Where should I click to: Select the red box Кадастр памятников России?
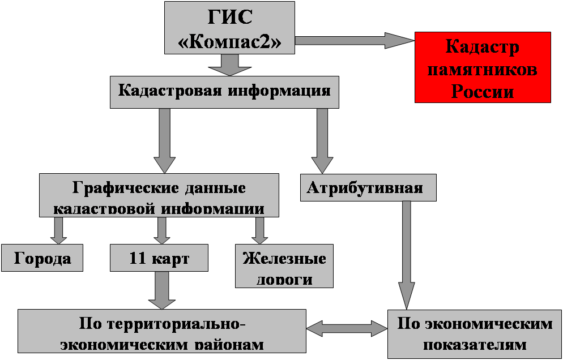pyautogui.click(x=483, y=67)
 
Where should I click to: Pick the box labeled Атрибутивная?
pyautogui.click(x=368, y=187)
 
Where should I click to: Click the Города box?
pyautogui.click(x=42, y=258)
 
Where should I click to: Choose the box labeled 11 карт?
pyautogui.click(x=159, y=258)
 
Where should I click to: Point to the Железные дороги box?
pyautogui.click(x=284, y=267)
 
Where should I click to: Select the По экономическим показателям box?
pyautogui.click(x=475, y=334)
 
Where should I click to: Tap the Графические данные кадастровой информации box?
pyautogui.click(x=159, y=195)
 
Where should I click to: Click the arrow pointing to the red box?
pyautogui.click(x=355, y=41)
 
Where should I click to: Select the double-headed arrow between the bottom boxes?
pyautogui.click(x=347, y=327)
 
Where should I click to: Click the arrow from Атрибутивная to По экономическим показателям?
pyautogui.click(x=406, y=255)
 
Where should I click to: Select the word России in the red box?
pyautogui.click(x=483, y=91)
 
